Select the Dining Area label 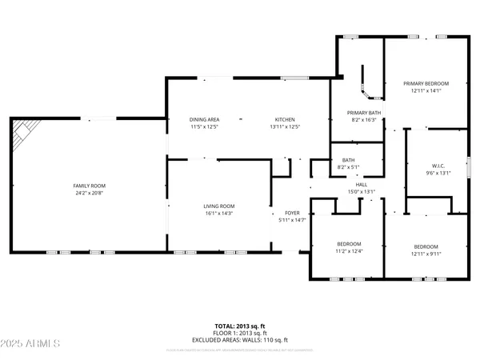(204, 119)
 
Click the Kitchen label (285, 119)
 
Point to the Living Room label (218, 206)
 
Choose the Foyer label (292, 212)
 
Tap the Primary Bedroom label (426, 83)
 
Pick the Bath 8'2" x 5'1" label (349, 160)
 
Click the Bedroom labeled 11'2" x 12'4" (349, 244)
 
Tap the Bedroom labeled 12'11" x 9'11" (426, 246)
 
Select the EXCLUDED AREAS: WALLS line (239, 342)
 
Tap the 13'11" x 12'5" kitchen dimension (285, 126)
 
